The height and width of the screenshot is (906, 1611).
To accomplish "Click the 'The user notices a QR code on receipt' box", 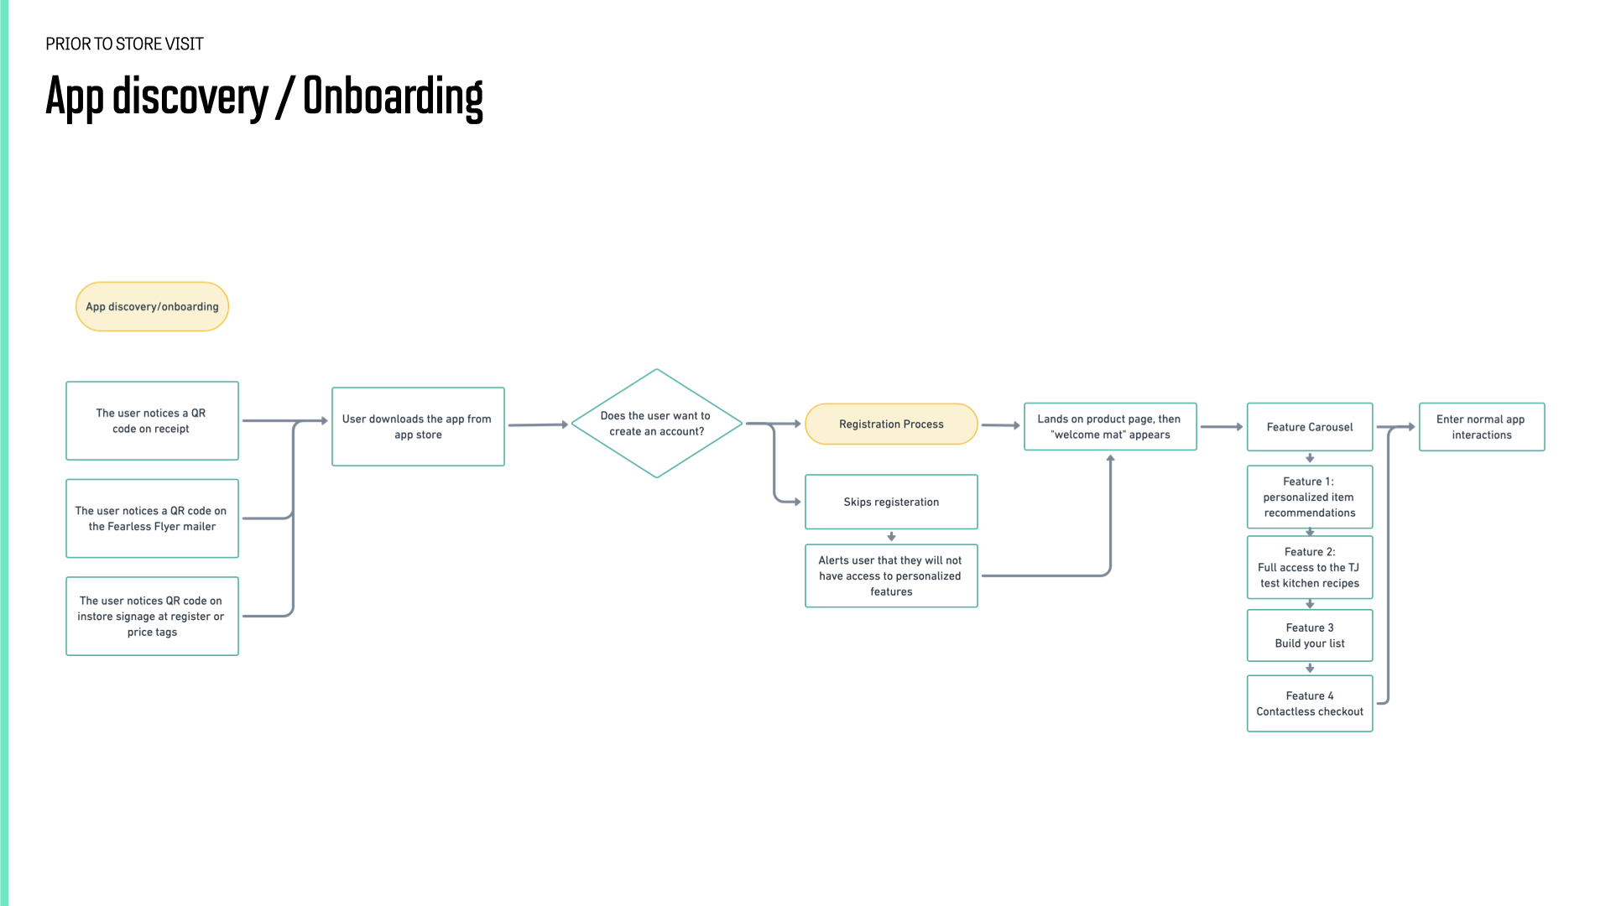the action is (x=152, y=420).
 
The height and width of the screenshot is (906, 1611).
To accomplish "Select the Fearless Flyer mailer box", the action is (x=152, y=518).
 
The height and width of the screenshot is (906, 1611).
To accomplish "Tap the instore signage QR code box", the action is (x=152, y=616).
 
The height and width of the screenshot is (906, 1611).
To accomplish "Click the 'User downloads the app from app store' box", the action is (x=418, y=426).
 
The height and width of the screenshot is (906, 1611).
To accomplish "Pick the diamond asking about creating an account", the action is (x=657, y=424).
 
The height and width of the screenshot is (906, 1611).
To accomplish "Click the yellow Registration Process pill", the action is (x=891, y=424).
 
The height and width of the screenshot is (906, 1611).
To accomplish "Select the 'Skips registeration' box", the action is (x=891, y=502).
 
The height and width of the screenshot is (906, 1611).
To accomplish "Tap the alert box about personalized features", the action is (x=891, y=575).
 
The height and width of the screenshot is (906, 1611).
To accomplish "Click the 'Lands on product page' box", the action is (x=1110, y=426).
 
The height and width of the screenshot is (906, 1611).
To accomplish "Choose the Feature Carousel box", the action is (x=1310, y=427).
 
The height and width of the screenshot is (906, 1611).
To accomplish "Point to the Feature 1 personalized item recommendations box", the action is (x=1310, y=497).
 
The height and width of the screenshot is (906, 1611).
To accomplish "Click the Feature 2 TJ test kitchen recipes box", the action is (x=1310, y=567).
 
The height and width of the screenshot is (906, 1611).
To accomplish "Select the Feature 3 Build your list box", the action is (x=1310, y=635).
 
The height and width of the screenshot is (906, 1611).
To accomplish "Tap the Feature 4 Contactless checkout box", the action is (x=1310, y=703).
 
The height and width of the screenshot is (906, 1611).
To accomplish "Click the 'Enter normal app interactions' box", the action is (x=1482, y=426).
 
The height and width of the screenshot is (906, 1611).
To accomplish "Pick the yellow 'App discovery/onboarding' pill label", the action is (x=152, y=306).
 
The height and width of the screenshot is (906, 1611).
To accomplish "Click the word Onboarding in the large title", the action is (x=393, y=97).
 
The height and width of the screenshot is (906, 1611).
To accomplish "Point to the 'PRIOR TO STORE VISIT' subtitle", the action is (x=124, y=44).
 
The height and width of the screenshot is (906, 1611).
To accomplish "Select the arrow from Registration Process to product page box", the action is (x=1001, y=425).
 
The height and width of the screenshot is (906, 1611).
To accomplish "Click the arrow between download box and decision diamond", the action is (x=539, y=425).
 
